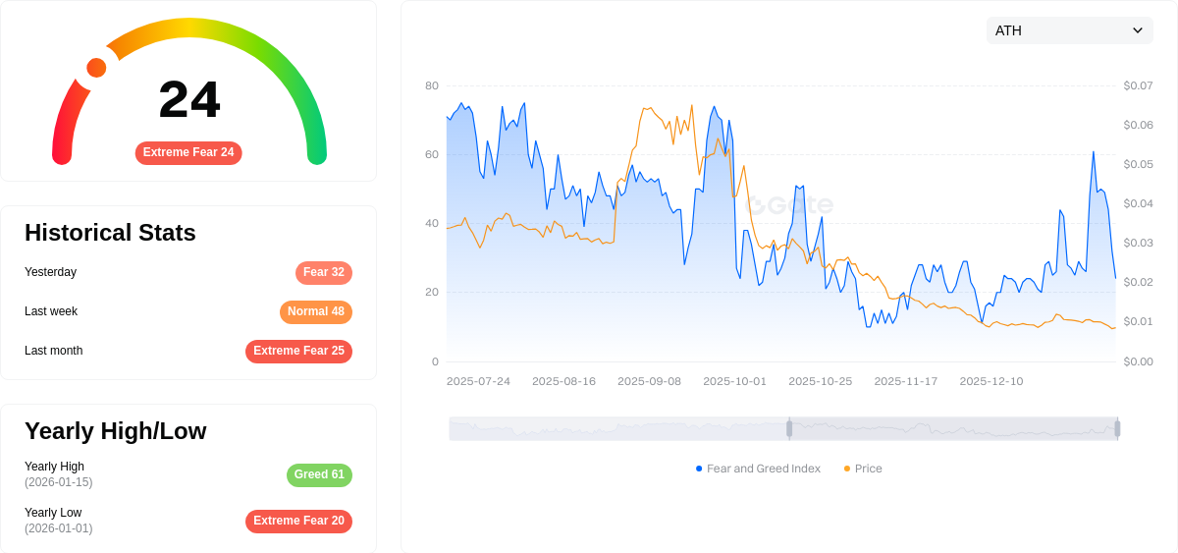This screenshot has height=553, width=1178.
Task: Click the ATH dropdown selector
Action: pyautogui.click(x=1069, y=30)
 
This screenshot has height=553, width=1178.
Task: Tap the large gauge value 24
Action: pyautogui.click(x=189, y=100)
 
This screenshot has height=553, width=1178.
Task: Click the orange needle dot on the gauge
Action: pyautogui.click(x=96, y=68)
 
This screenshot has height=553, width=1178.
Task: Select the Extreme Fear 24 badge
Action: pyautogui.click(x=188, y=153)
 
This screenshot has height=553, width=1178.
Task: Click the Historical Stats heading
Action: pyautogui.click(x=110, y=233)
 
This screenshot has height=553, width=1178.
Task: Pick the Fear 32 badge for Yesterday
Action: pyautogui.click(x=323, y=273)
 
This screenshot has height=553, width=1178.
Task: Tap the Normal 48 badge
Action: pyautogui.click(x=315, y=312)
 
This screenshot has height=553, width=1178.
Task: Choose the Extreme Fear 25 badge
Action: pyautogui.click(x=298, y=352)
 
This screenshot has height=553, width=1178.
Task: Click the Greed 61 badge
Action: pyautogui.click(x=319, y=475)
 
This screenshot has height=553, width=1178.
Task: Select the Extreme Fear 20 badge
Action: pyautogui.click(x=298, y=522)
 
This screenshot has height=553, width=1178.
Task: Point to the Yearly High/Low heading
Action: pyautogui.click(x=115, y=431)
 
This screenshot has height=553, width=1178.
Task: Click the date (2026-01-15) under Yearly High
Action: pyautogui.click(x=59, y=482)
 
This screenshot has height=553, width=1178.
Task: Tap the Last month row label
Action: pyautogui.click(x=54, y=351)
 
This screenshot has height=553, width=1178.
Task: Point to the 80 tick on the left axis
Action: pyautogui.click(x=432, y=85)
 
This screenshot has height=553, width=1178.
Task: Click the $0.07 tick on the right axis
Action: pyautogui.click(x=1138, y=85)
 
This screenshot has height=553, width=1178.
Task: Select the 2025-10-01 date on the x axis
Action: pyautogui.click(x=734, y=381)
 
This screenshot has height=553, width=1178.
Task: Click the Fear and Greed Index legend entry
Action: pyautogui.click(x=758, y=469)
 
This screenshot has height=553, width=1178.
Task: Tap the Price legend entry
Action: pyautogui.click(x=863, y=469)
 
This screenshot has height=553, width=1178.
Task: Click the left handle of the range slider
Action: pyautogui.click(x=789, y=428)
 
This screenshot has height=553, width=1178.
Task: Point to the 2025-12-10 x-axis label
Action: pyautogui.click(x=991, y=381)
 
